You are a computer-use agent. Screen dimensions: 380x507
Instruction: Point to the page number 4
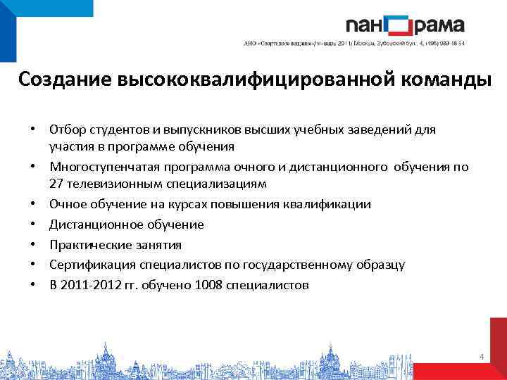(481, 357)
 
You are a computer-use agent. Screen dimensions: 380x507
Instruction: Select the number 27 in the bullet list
(56, 184)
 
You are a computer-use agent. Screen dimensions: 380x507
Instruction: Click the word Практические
(84, 245)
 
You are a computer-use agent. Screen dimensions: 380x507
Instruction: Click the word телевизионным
(112, 184)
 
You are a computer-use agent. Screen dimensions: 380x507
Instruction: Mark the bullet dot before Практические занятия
(32, 246)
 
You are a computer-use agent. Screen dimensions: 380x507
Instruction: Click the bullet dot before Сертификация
(32, 266)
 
